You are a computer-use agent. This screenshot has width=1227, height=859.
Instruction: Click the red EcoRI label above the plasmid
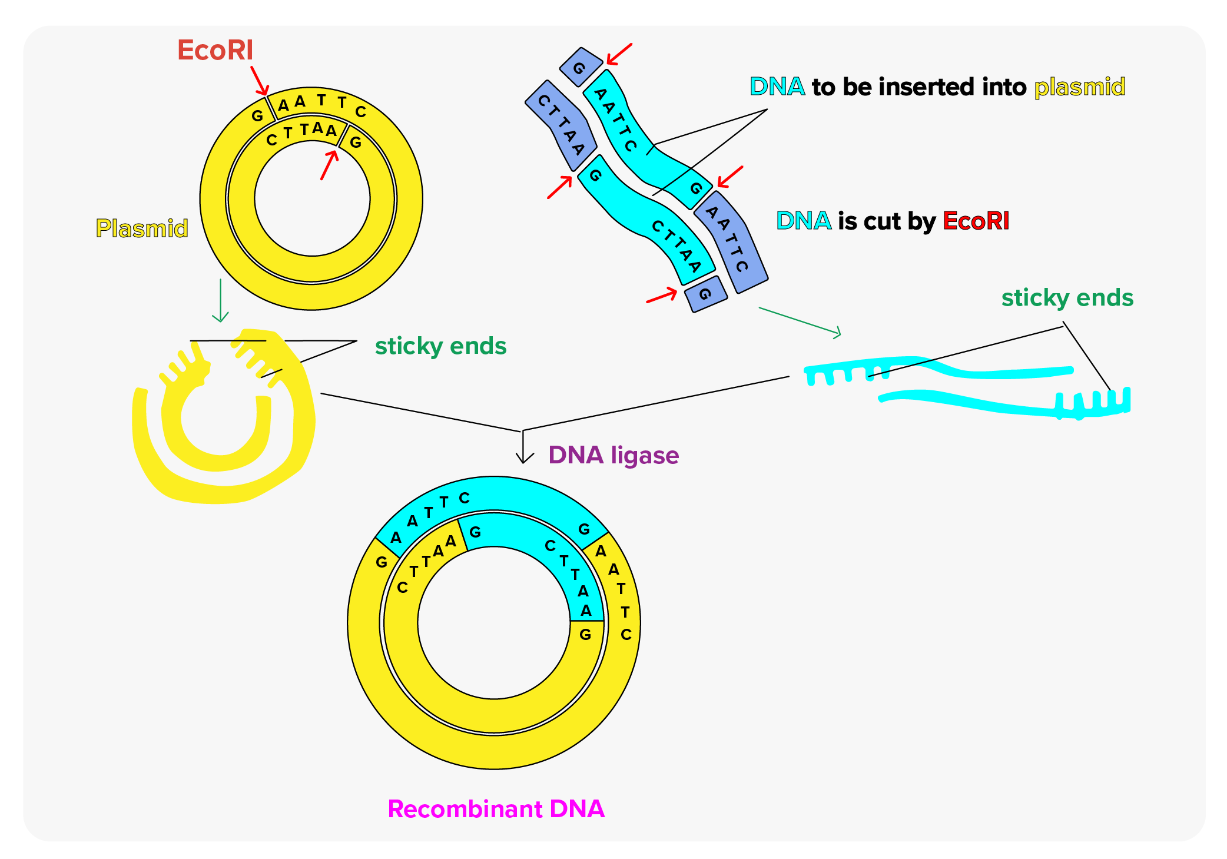(x=215, y=50)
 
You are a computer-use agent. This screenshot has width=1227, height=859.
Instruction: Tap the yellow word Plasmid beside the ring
(x=142, y=228)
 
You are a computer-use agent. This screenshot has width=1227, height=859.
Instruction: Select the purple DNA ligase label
(x=613, y=455)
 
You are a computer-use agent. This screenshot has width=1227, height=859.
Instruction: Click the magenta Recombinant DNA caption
(x=496, y=809)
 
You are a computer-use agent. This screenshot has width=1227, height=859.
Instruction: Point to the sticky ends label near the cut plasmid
(x=440, y=346)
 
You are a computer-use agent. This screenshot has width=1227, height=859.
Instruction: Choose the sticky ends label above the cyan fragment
(x=1067, y=298)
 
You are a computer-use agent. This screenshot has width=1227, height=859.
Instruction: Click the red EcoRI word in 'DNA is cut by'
(x=976, y=221)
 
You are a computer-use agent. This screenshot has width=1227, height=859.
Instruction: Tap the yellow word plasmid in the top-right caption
(x=1080, y=87)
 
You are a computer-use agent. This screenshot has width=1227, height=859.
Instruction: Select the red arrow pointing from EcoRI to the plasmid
(x=260, y=80)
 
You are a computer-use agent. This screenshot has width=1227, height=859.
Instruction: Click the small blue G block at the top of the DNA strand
(x=581, y=67)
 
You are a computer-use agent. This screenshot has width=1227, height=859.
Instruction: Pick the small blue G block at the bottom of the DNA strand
(x=706, y=294)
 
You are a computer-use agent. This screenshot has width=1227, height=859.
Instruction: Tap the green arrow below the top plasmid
(x=221, y=301)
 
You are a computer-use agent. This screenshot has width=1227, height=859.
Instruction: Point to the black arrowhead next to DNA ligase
(x=523, y=457)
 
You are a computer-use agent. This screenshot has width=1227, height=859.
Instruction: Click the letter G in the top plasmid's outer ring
(x=257, y=116)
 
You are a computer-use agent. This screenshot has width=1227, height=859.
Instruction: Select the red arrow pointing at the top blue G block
(x=619, y=54)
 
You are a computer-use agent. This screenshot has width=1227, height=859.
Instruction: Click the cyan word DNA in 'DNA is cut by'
(x=803, y=221)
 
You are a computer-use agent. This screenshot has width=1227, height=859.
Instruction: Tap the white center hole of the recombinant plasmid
(x=494, y=623)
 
